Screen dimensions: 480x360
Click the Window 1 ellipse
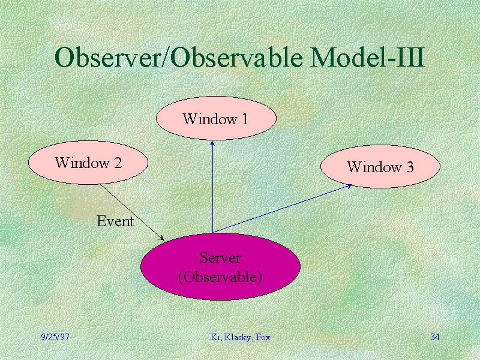[216, 118]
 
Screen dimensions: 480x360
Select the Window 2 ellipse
[88, 163]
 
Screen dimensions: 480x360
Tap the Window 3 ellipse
[380, 166]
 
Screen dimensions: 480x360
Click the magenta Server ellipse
[220, 266]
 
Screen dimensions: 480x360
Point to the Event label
[115, 221]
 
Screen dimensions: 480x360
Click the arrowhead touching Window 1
[212, 143]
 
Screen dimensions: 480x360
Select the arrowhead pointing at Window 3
[349, 186]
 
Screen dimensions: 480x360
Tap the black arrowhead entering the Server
[161, 238]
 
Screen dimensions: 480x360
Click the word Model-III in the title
[367, 57]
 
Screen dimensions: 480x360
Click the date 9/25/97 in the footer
[55, 337]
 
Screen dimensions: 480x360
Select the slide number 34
[434, 337]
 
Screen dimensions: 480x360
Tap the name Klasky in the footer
[238, 337]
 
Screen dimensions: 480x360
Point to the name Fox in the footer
[263, 337]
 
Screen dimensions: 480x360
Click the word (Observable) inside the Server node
[220, 277]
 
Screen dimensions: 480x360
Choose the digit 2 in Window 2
[118, 163]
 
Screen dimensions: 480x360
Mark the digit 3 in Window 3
[410, 167]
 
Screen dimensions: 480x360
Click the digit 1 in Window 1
[245, 119]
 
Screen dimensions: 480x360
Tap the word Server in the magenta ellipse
[220, 258]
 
